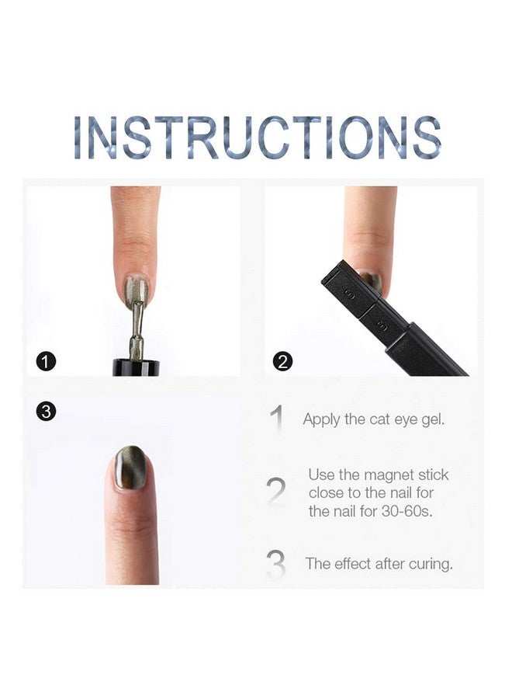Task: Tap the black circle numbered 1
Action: [x=47, y=361]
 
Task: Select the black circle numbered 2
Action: [x=283, y=361]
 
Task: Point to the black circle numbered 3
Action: [x=46, y=412]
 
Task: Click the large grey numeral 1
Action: [x=277, y=419]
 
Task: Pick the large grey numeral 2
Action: [x=275, y=492]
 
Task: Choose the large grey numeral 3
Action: [x=275, y=565]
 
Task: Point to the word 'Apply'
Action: [x=322, y=420]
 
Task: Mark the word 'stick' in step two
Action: [x=432, y=475]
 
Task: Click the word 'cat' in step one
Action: [x=379, y=420]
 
